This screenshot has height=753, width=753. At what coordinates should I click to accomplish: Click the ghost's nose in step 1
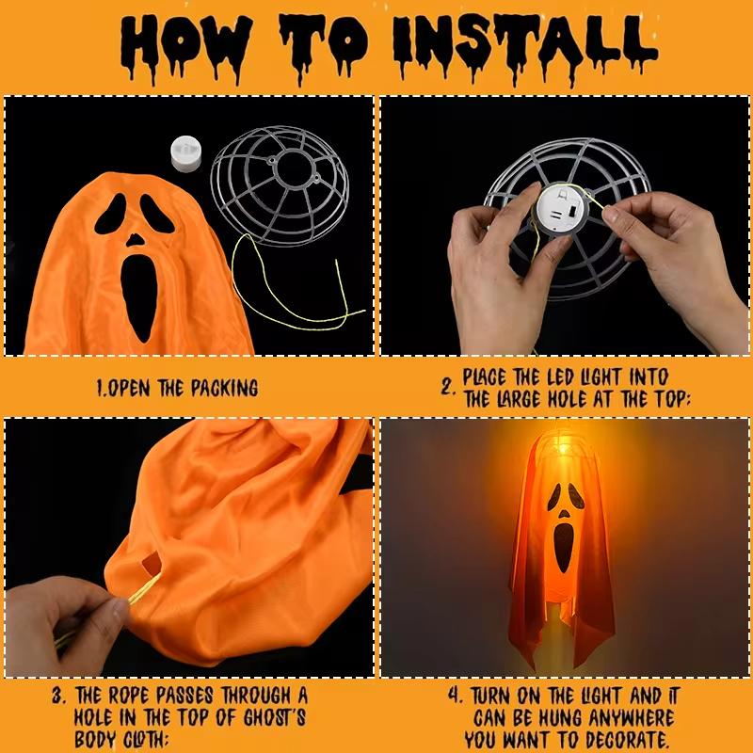(x=137, y=238)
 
